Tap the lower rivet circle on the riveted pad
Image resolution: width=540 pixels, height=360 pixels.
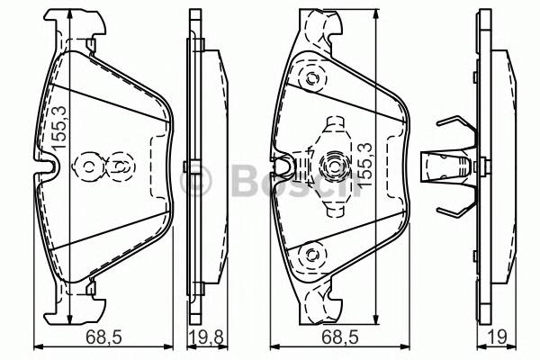[311, 256]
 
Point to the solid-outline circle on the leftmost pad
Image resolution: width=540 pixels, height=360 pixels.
[90, 166]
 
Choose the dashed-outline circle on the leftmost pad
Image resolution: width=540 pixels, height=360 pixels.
[120, 166]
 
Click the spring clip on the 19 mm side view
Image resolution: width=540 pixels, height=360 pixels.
[454, 167]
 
